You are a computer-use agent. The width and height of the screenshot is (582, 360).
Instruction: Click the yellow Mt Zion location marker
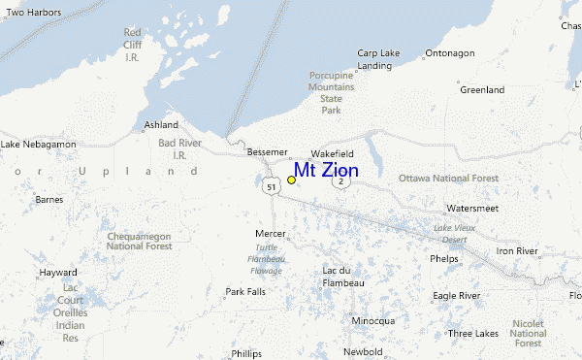tap(291, 180)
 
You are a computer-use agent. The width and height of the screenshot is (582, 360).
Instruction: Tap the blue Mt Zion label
tap(326, 171)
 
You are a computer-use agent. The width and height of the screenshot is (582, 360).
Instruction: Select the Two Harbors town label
tap(33, 13)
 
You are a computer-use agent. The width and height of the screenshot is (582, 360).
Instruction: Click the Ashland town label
tap(161, 125)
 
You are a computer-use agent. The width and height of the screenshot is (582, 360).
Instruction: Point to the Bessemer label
tap(268, 152)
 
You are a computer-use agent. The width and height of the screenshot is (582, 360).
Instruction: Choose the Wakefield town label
tap(332, 154)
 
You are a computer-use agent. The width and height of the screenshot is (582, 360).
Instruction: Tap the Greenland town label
tap(482, 90)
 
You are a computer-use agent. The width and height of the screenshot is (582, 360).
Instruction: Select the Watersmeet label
tap(472, 209)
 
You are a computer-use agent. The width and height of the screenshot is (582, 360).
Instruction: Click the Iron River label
tap(517, 251)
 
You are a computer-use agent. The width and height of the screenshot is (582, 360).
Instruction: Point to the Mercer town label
tap(271, 234)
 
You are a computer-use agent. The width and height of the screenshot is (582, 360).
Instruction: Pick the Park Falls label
tap(245, 291)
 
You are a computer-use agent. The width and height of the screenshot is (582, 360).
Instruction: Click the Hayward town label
tap(58, 273)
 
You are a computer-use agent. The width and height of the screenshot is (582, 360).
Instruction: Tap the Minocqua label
tap(373, 320)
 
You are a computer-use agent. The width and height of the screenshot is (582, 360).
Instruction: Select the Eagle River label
tap(457, 295)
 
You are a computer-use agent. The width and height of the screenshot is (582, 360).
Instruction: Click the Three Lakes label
tap(473, 333)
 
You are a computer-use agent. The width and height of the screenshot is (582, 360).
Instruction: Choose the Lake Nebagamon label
tap(38, 145)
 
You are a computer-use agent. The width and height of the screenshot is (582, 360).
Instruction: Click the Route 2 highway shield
tap(341, 181)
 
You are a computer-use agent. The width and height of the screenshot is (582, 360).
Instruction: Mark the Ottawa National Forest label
tap(448, 179)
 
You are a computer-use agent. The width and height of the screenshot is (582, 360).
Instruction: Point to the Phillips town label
tap(246, 353)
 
